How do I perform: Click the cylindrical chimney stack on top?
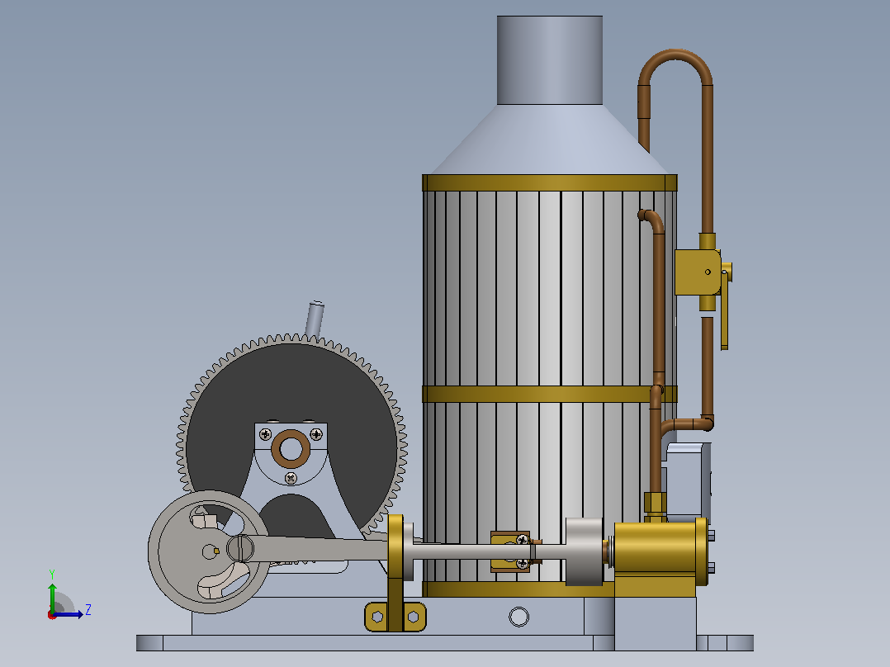click(550, 60)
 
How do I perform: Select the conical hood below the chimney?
click(550, 140)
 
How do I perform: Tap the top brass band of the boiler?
click(550, 182)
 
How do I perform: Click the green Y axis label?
click(52, 574)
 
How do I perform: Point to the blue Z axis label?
click(88, 610)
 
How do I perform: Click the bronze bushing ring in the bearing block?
click(291, 449)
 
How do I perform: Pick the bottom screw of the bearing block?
click(291, 479)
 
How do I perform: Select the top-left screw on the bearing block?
click(265, 435)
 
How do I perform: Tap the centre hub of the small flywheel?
click(210, 551)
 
